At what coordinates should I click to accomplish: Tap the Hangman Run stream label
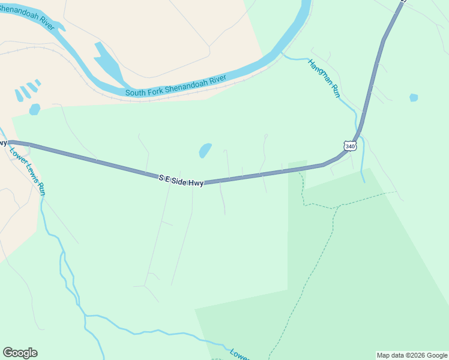point(324,78)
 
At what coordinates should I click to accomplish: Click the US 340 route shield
point(351,146)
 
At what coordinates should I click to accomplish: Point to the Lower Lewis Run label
point(28,170)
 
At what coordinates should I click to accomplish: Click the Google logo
point(20,353)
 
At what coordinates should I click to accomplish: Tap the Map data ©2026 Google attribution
point(412,355)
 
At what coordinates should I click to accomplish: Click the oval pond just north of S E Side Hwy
point(205,150)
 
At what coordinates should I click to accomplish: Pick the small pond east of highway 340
point(414,97)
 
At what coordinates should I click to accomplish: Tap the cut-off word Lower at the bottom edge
point(239,355)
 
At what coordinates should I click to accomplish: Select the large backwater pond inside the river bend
point(108,63)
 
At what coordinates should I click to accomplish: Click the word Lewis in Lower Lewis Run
point(30,172)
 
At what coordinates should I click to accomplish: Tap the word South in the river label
point(136,93)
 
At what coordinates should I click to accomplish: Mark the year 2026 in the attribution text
point(418,355)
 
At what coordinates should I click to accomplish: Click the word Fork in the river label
point(157,90)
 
